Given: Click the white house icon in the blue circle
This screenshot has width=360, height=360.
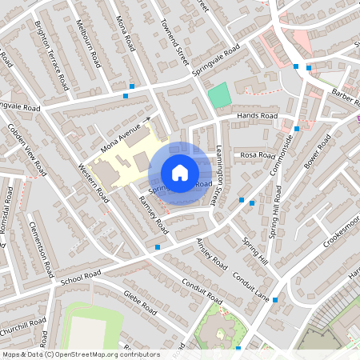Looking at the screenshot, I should [x=180, y=172].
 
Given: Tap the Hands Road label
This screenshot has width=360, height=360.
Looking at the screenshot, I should [x=258, y=116].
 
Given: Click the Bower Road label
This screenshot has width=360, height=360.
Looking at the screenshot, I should [x=317, y=157].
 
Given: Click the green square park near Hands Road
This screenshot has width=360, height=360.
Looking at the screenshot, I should [x=219, y=95].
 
